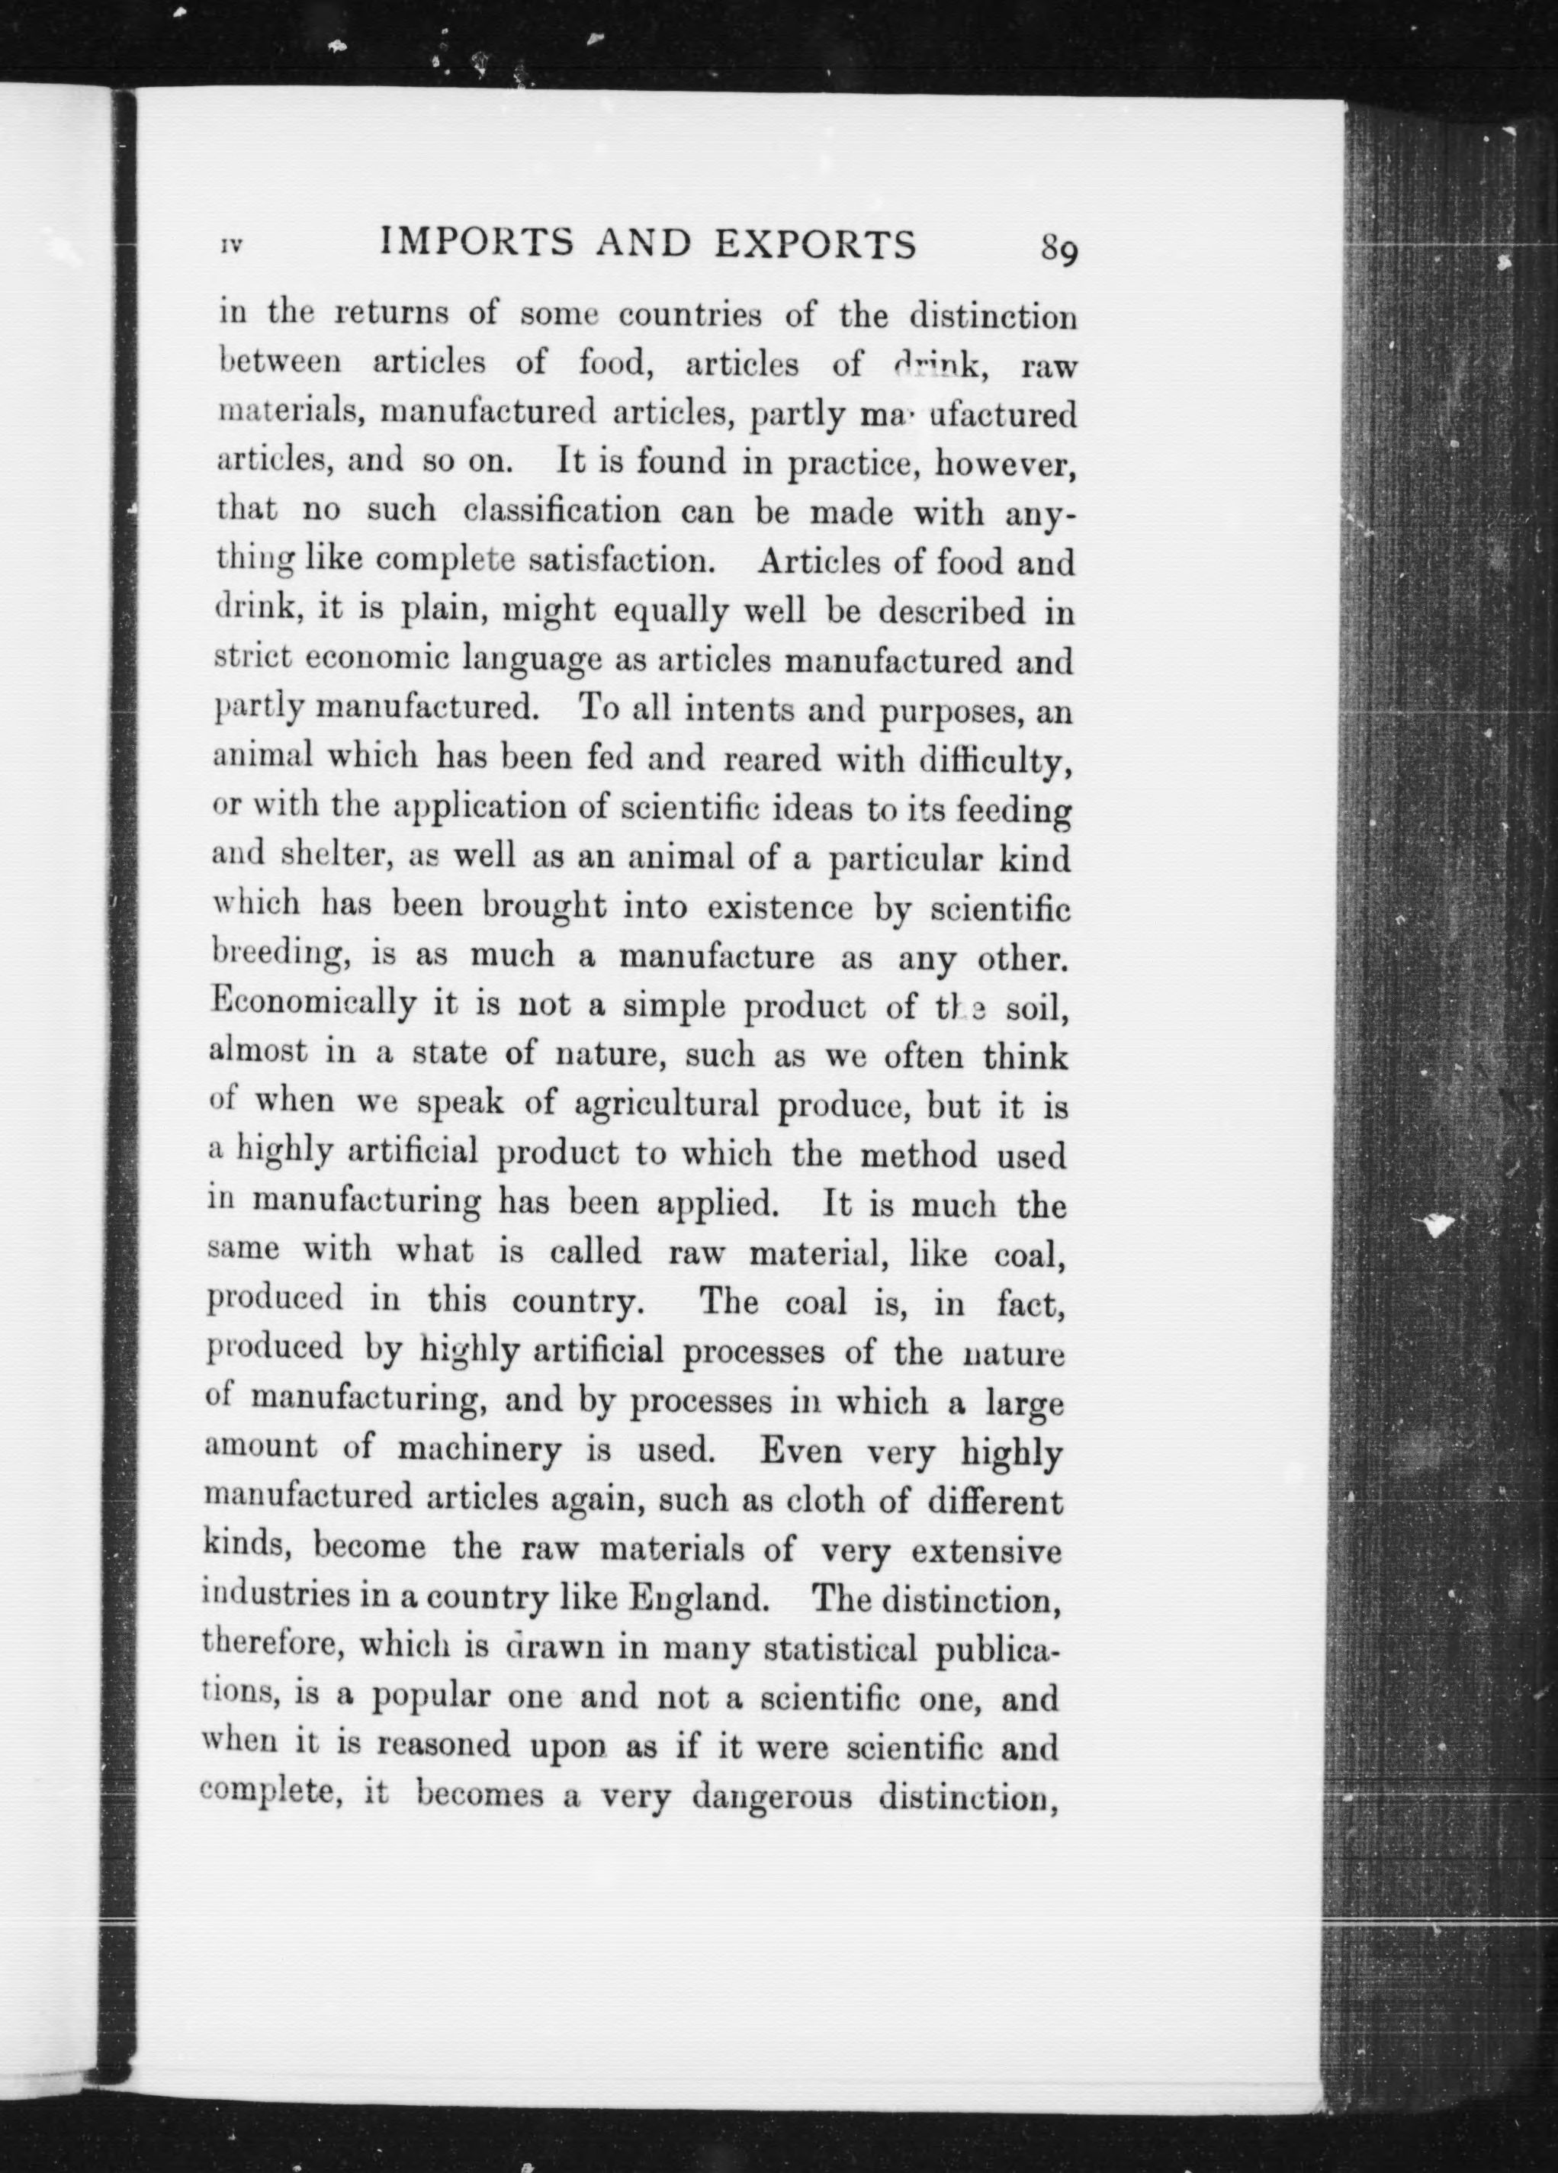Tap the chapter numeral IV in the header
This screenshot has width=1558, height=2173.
pyautogui.click(x=231, y=246)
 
